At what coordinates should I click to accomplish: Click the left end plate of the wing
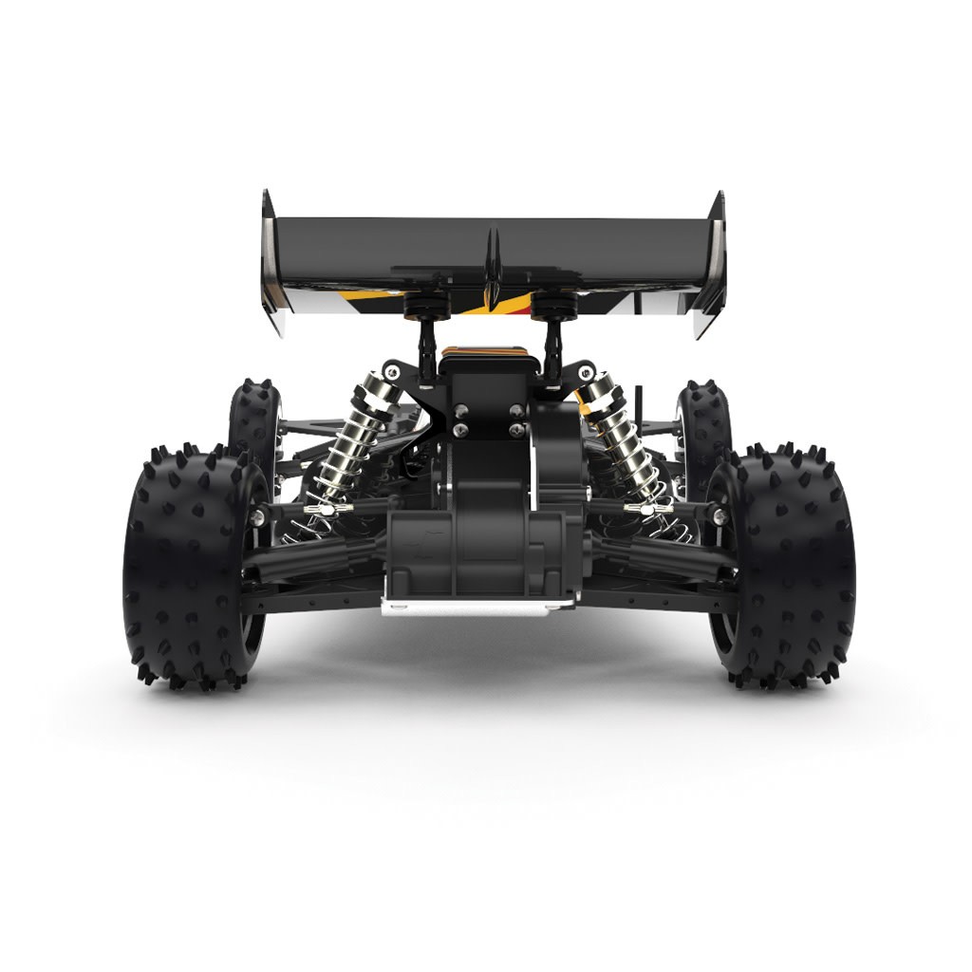(x=272, y=261)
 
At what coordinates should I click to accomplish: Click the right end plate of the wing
(x=711, y=261)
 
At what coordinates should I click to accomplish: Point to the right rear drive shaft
(x=664, y=555)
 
